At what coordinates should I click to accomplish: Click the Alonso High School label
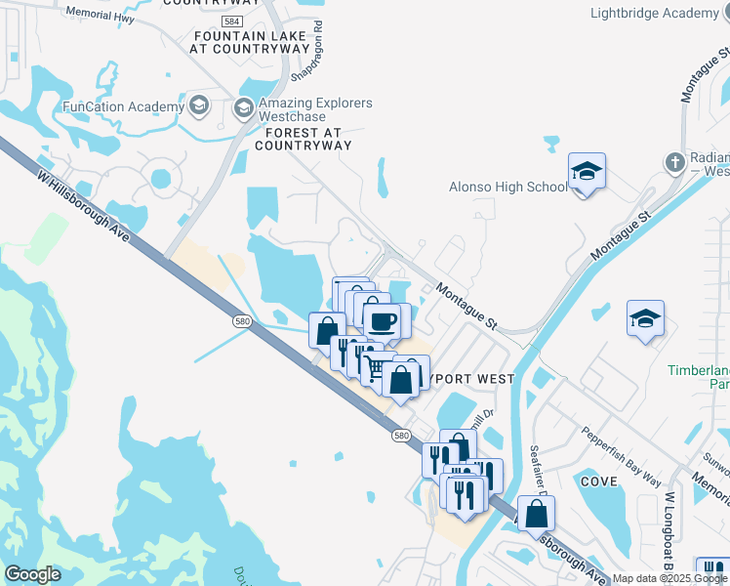coord(507,188)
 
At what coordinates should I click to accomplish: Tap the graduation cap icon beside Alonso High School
coord(588,172)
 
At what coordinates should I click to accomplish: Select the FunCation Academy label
coord(123,106)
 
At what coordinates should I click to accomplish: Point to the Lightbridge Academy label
coord(655,14)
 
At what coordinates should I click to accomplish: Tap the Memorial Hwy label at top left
coord(98,14)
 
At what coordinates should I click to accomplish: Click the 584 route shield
coord(260,21)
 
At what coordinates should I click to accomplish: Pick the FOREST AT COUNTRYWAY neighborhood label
coord(303,139)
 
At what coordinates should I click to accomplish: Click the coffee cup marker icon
coord(381,318)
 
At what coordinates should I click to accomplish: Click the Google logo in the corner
coord(32,574)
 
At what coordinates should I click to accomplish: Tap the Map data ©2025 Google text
coord(670,578)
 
